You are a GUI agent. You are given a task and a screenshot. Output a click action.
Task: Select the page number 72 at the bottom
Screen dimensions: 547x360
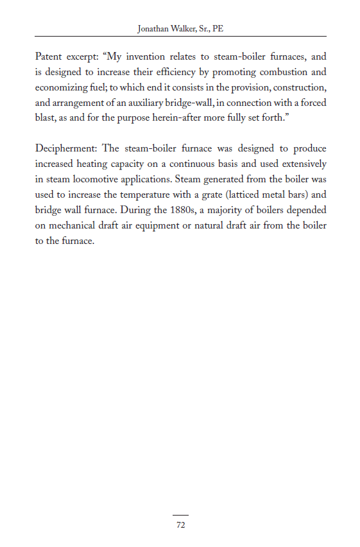pyautogui.click(x=180, y=525)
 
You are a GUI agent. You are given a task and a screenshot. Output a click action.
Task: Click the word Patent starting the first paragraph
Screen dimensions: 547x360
pyautogui.click(x=49, y=56)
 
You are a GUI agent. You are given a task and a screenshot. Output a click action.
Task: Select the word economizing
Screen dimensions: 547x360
pyautogui.click(x=64, y=87)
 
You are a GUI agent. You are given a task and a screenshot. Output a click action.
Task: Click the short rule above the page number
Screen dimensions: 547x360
pyautogui.click(x=180, y=515)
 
